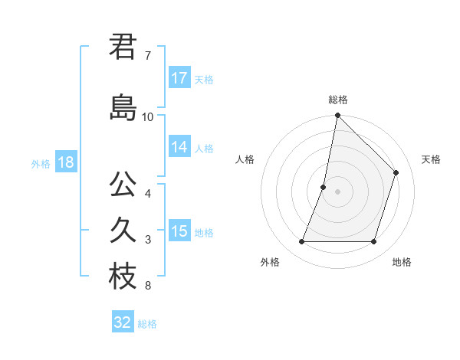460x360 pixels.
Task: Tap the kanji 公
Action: [x=122, y=185]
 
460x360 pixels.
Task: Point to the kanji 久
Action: [x=122, y=231]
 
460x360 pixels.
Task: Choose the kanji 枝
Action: [x=122, y=277]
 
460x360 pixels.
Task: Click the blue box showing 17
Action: [x=179, y=78]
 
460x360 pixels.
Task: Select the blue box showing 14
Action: [x=179, y=148]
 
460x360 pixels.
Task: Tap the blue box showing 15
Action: [x=179, y=231]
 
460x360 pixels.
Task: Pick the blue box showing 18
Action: [x=65, y=162]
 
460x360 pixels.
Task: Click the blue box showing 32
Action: [x=123, y=322]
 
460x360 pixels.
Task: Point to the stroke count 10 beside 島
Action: [x=148, y=116]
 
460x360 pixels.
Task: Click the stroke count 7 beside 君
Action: [x=148, y=57]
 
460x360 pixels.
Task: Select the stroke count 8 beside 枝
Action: [x=148, y=286]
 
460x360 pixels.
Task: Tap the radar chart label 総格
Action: [x=338, y=100]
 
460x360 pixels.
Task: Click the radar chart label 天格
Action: [x=432, y=159]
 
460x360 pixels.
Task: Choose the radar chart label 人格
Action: [x=245, y=159]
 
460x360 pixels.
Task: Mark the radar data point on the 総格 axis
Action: [x=337, y=116]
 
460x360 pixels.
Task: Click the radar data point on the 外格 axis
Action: [x=301, y=242]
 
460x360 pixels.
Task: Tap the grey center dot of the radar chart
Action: [x=337, y=191]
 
